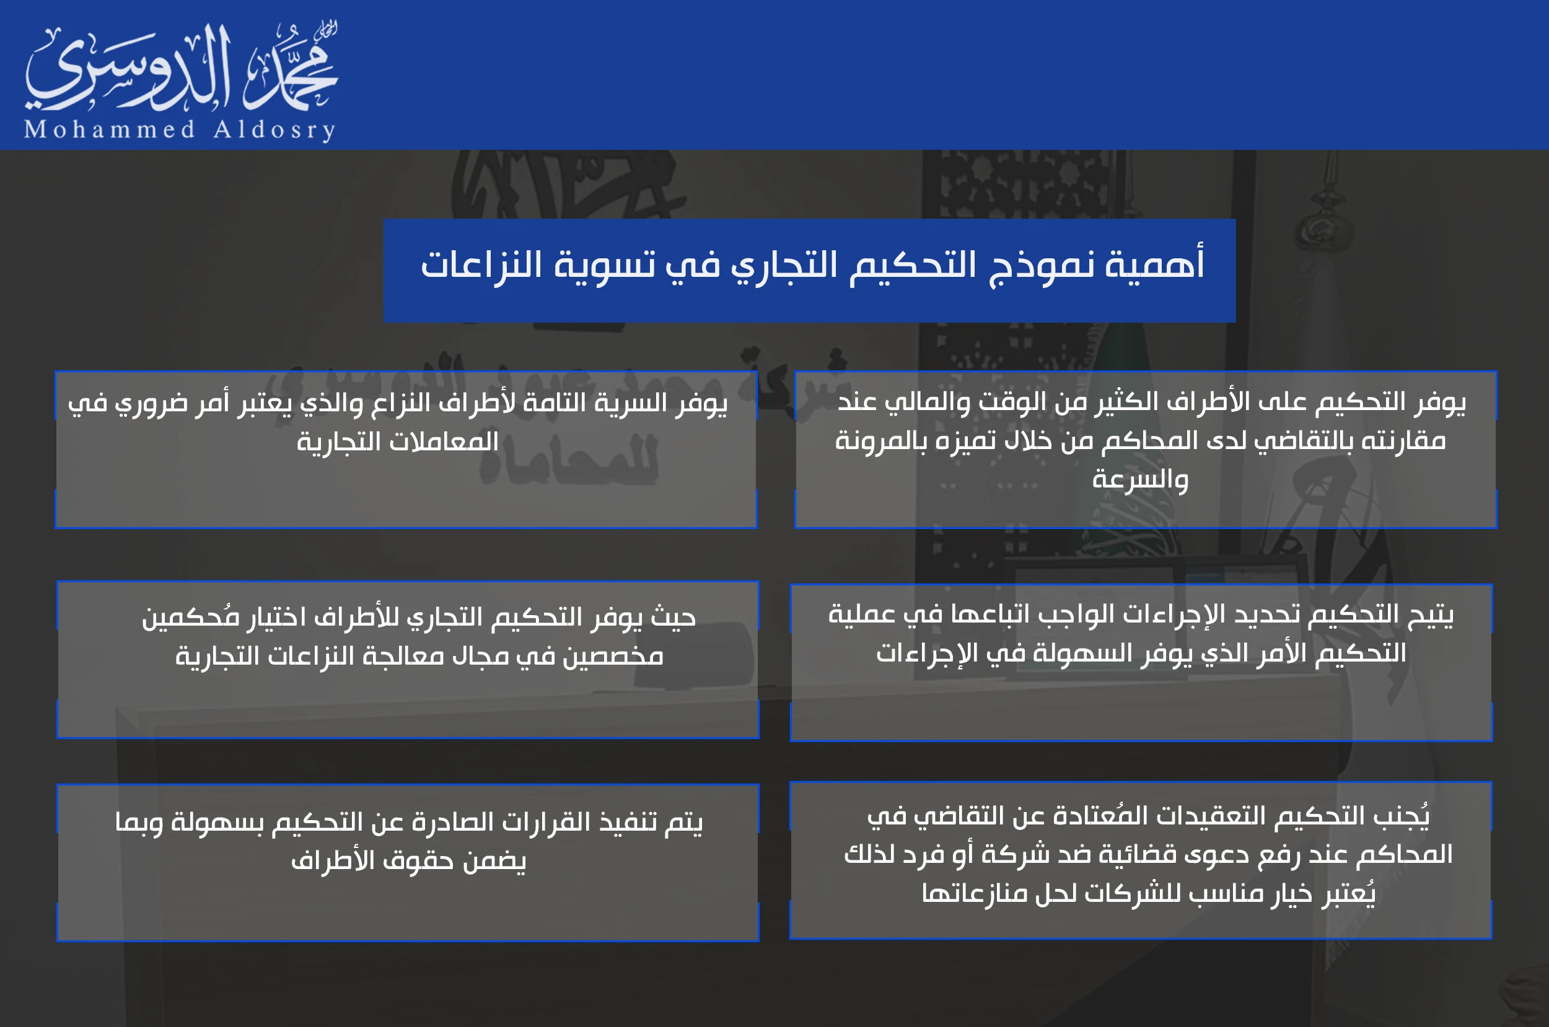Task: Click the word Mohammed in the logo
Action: tap(110, 129)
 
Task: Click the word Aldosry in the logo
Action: tap(275, 129)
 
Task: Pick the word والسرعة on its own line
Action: tap(1139, 479)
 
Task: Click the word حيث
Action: tap(673, 617)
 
